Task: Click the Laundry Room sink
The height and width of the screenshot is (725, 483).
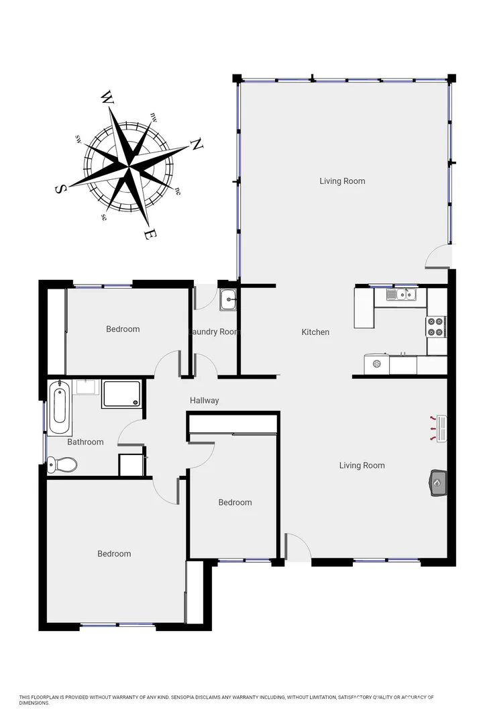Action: click(x=227, y=299)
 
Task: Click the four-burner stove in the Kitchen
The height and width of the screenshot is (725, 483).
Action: click(x=435, y=326)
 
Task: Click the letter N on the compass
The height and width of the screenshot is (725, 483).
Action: click(x=197, y=144)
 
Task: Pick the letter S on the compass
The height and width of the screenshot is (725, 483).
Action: click(x=59, y=189)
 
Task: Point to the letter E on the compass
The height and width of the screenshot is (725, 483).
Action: click(x=151, y=234)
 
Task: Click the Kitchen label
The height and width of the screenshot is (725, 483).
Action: click(x=315, y=332)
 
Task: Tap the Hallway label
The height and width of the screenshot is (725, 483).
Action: click(x=204, y=401)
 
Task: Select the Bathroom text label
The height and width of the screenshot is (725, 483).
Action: click(x=85, y=442)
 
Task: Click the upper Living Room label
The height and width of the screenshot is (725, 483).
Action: click(x=342, y=181)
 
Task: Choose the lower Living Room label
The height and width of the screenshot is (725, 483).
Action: click(x=362, y=465)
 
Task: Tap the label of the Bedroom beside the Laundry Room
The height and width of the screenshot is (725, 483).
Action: click(x=123, y=329)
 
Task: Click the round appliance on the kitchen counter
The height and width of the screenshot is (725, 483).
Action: click(x=377, y=365)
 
